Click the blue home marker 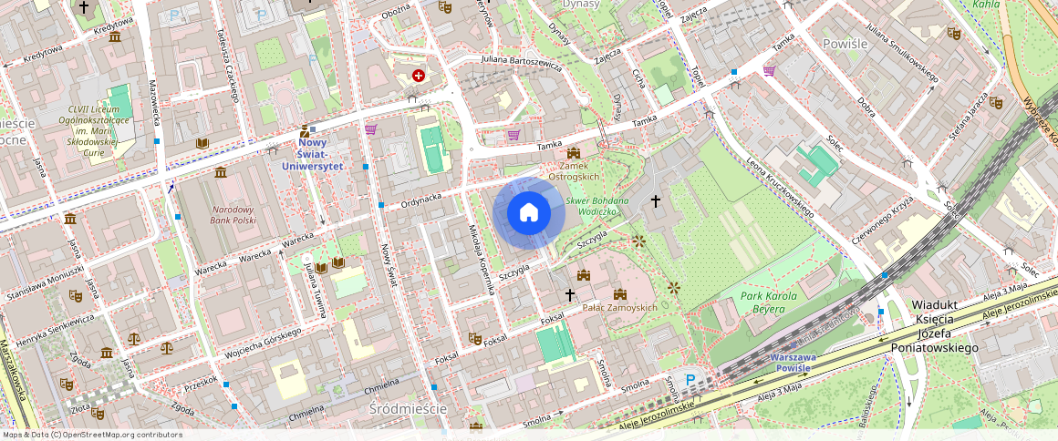tap(529, 213)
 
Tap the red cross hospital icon tap(419, 77)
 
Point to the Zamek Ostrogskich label tap(573, 170)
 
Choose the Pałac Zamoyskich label tap(619, 307)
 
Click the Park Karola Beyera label tap(769, 303)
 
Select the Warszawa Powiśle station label tap(799, 363)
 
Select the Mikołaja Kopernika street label tap(481, 259)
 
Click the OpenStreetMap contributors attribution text tap(91, 435)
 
